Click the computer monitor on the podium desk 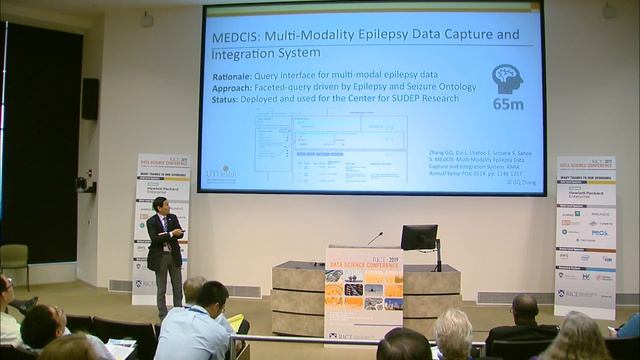tap(419, 239)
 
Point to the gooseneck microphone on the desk tap(372, 240)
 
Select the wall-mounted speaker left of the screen tap(91, 98)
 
